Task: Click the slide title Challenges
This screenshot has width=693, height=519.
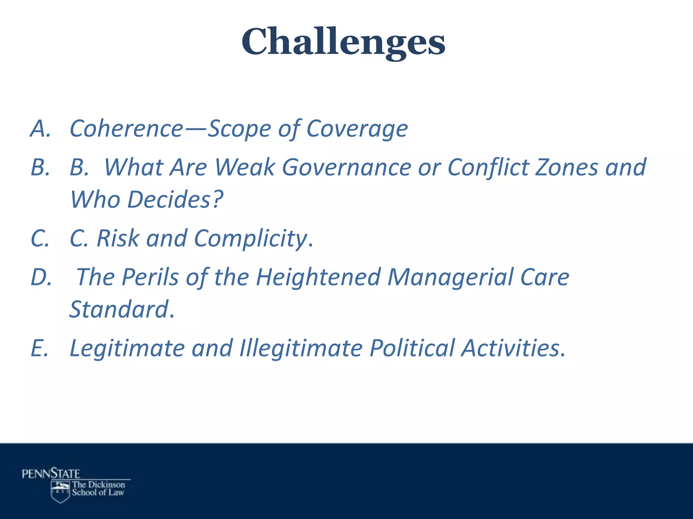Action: (343, 42)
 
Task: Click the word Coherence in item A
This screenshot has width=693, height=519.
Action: (126, 129)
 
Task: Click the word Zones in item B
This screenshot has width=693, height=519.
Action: (567, 168)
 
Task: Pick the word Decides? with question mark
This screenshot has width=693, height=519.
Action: (175, 200)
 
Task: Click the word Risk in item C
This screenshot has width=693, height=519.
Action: (118, 238)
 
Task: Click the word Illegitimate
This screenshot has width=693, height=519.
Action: (301, 348)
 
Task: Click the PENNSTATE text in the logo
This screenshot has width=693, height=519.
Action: (51, 474)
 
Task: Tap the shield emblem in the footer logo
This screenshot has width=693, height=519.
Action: (60, 492)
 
